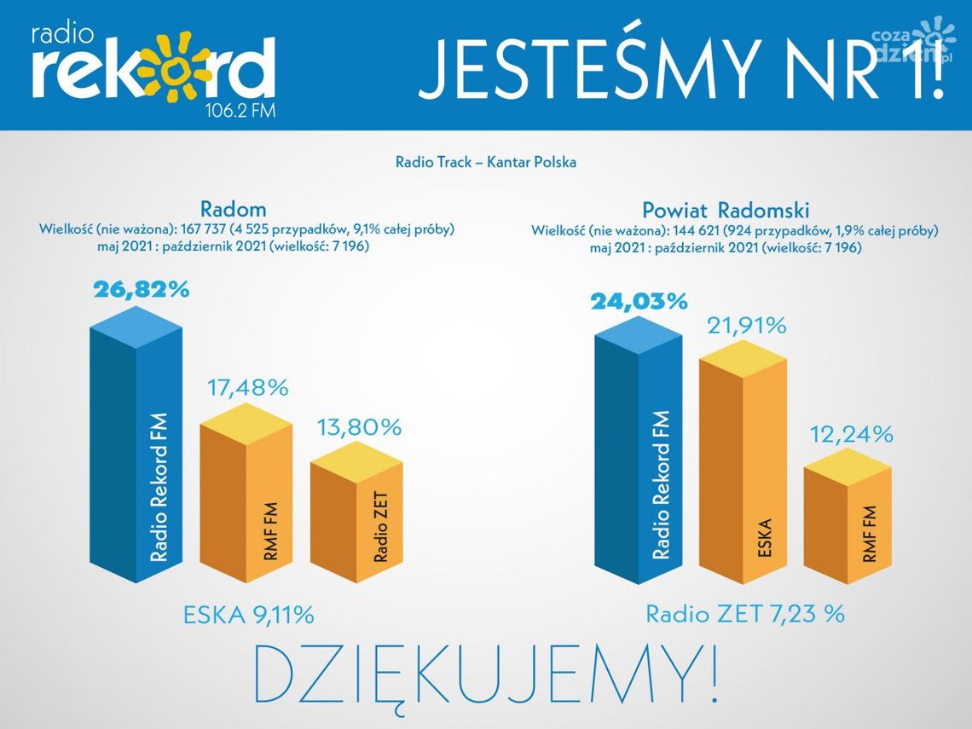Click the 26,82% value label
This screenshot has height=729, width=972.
point(141,290)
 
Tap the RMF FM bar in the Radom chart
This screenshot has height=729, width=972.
point(247,503)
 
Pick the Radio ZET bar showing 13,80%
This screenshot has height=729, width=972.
point(356,520)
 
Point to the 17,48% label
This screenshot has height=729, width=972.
point(247,388)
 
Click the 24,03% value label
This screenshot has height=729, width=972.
point(638,301)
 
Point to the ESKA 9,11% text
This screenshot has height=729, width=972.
point(249,614)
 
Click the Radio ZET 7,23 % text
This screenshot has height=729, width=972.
point(744,613)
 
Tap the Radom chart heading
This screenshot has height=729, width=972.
point(233,209)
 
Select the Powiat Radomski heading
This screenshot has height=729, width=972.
point(725,210)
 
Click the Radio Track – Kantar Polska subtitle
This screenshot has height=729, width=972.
point(485,162)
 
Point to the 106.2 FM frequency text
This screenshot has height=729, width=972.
point(240,111)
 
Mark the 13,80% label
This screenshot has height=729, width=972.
point(358,427)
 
